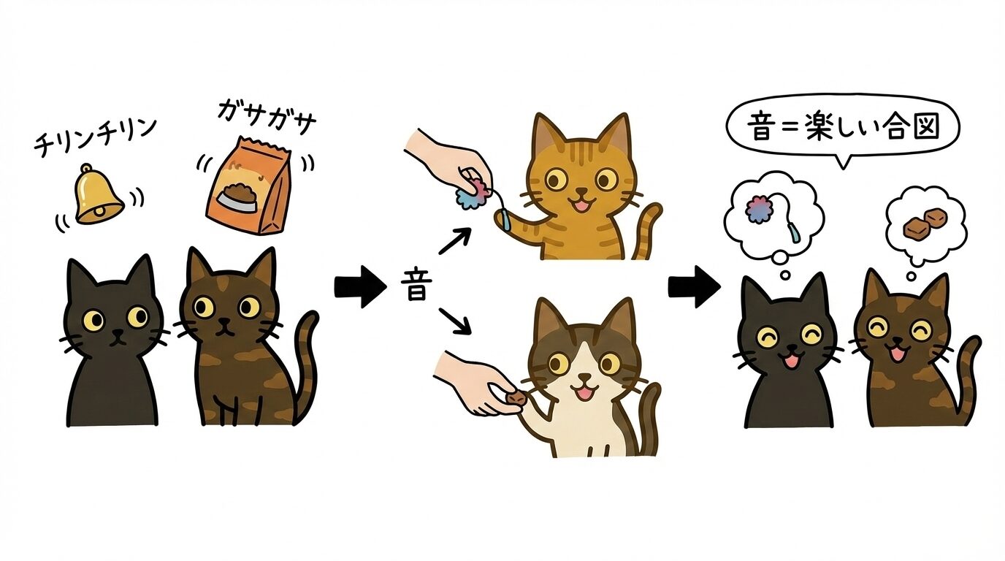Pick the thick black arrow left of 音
coord(360,288)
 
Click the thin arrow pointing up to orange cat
coord(455,240)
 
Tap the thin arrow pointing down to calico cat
coord(455,321)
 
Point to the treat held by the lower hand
coord(516,398)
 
